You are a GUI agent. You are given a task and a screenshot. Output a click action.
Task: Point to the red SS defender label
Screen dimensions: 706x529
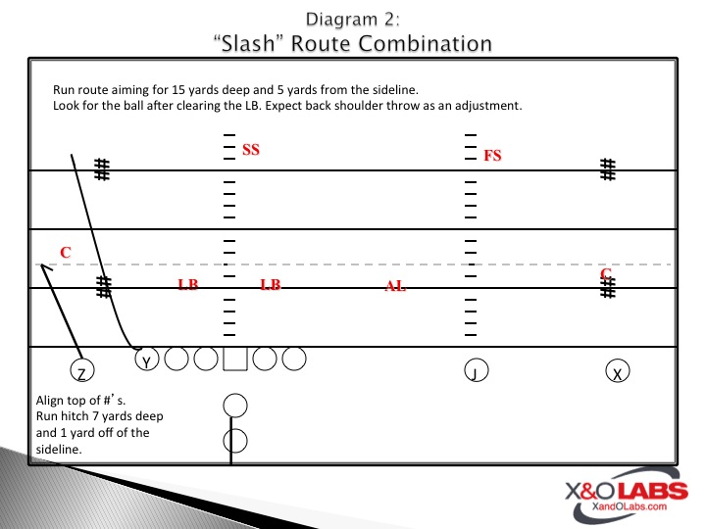pyautogui.click(x=251, y=150)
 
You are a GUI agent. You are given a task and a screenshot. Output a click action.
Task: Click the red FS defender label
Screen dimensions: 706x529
pyautogui.click(x=492, y=156)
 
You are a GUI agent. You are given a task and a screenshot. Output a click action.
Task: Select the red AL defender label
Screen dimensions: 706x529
pyautogui.click(x=395, y=286)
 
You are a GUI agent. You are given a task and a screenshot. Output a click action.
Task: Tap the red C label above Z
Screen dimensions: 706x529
pyautogui.click(x=66, y=253)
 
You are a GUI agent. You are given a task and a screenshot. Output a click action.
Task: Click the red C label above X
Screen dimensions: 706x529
pyautogui.click(x=606, y=273)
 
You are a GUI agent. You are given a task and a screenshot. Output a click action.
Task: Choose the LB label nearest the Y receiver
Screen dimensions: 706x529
pyautogui.click(x=187, y=284)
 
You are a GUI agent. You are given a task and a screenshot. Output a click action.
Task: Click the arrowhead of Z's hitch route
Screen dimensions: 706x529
pyautogui.click(x=42, y=264)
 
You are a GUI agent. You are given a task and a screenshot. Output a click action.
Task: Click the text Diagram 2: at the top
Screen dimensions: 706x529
pyautogui.click(x=353, y=20)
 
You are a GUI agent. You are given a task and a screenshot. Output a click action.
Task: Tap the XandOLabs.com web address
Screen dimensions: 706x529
pyautogui.click(x=629, y=506)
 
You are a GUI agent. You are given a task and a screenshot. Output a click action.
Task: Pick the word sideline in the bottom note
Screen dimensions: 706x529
pyautogui.click(x=58, y=449)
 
